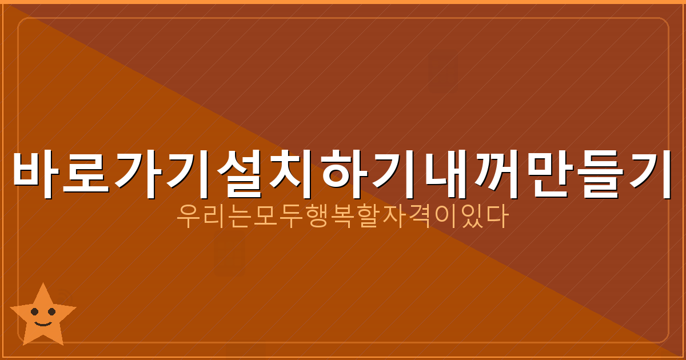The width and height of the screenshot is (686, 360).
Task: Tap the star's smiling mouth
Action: [43, 322]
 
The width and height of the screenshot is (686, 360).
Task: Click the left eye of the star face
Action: [35, 312]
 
